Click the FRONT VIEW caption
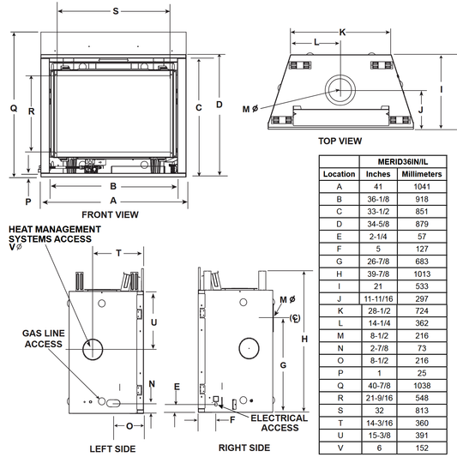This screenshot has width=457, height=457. (110, 215)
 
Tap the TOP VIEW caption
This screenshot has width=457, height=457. (340, 141)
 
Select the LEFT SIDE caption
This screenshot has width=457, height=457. (112, 448)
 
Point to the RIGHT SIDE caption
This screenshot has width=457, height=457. (244, 448)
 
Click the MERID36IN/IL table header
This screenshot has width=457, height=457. (403, 162)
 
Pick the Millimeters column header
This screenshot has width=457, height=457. (422, 174)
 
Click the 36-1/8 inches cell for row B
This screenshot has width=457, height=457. (378, 200)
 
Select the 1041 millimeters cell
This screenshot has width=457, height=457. (422, 187)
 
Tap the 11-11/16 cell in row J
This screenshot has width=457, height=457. (378, 298)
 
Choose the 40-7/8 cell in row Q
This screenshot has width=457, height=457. (379, 386)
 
